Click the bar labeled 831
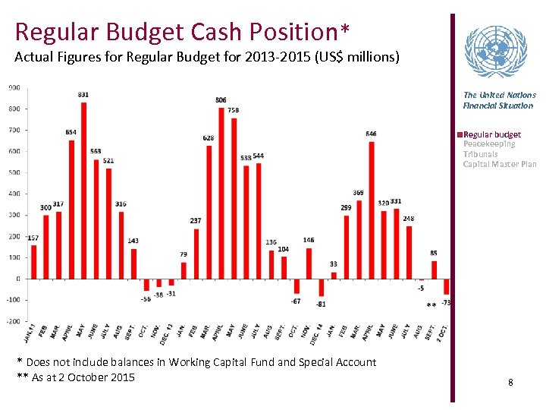83,190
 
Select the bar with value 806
221,193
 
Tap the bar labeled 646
372,210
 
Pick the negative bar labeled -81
321,287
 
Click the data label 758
234,111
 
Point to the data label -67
296,301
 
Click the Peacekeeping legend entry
489,144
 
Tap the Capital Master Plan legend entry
500,164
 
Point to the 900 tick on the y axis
14,87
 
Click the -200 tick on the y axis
13,321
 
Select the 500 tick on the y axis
14,172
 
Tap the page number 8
510,382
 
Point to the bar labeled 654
71,209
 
